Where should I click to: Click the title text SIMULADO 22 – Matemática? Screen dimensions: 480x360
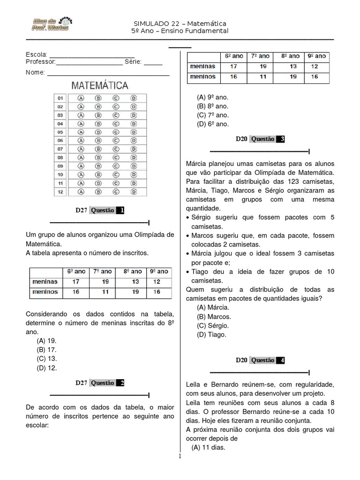pyautogui.click(x=180, y=23)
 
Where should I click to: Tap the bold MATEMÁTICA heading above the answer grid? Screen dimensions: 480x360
pyautogui.click(x=99, y=85)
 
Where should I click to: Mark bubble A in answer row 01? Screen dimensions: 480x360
pyautogui.click(x=81, y=98)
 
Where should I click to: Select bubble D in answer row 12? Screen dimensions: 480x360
pyautogui.click(x=134, y=192)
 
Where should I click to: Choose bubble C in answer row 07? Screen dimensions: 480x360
pyautogui.click(x=116, y=149)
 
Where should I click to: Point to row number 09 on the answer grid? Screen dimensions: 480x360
pyautogui.click(x=60, y=166)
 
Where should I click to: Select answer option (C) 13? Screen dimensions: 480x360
pyautogui.click(x=46, y=359)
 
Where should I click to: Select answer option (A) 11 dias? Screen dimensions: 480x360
pyautogui.click(x=209, y=448)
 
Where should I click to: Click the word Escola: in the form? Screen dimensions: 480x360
pyautogui.click(x=36, y=55)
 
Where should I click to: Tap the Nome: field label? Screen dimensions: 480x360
pyautogui.click(x=35, y=72)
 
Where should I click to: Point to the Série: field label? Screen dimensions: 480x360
pyautogui.click(x=133, y=62)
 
